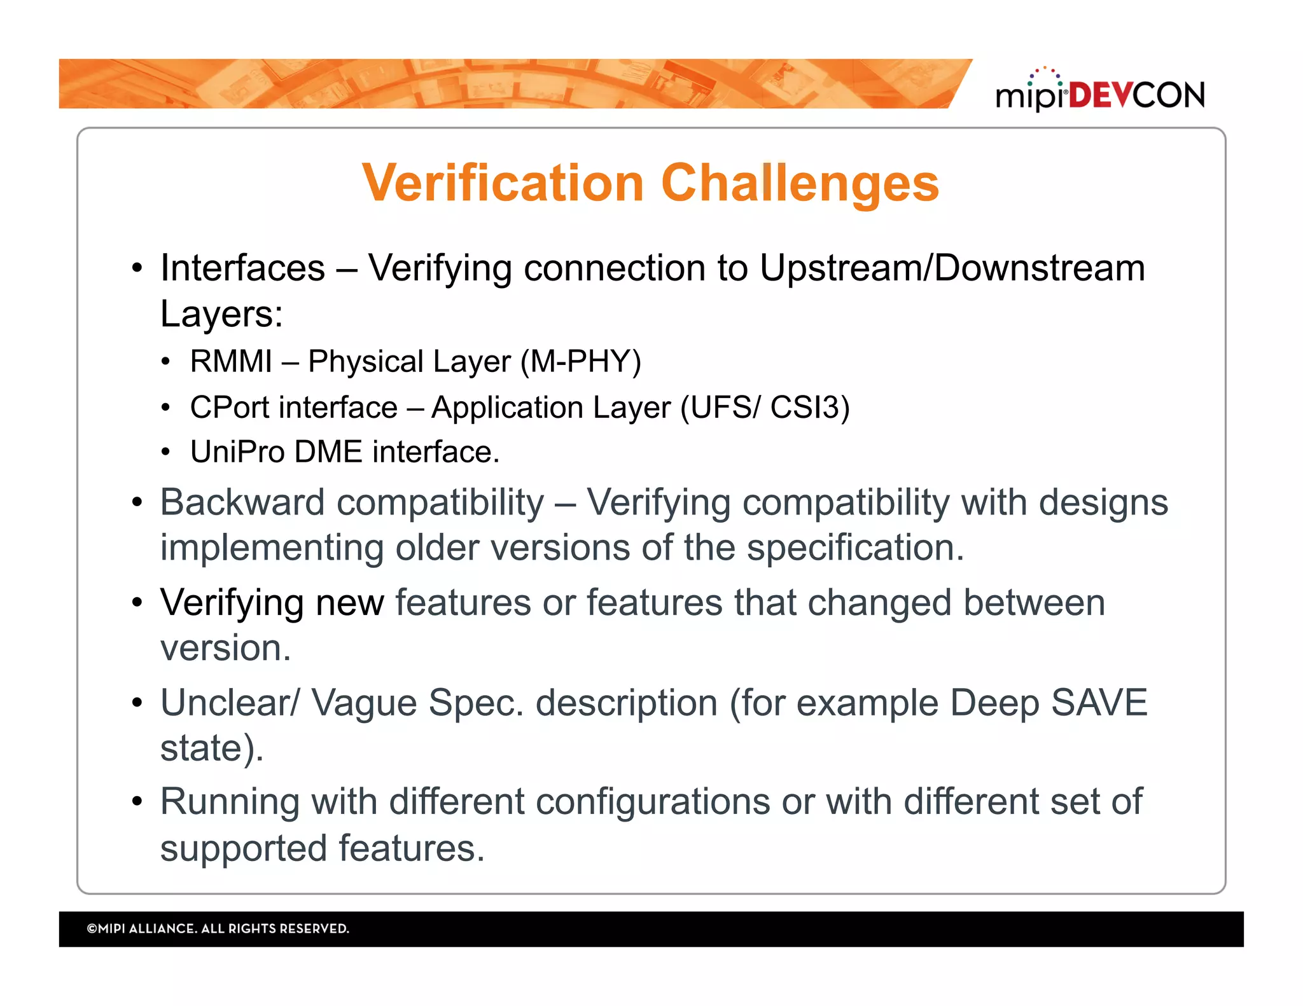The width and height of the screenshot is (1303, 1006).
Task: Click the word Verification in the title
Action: pos(503,183)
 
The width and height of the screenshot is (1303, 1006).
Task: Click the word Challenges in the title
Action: pos(800,183)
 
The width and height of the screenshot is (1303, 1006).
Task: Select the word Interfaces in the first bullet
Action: pos(242,268)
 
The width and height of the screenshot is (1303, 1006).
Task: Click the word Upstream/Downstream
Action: pos(952,268)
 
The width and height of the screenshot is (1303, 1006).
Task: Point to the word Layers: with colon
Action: pos(221,314)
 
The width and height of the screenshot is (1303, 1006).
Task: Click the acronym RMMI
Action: pos(231,361)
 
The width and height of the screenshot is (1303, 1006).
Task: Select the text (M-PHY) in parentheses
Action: pos(580,361)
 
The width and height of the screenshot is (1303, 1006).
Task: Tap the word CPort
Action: pos(230,407)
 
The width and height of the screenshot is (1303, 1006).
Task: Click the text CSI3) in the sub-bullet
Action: pos(809,407)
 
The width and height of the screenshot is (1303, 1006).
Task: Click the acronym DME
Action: pos(328,452)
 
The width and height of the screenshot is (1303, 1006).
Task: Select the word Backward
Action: pos(242,502)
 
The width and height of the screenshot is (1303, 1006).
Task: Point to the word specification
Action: pos(854,548)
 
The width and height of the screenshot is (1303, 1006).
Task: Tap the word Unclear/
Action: pos(229,703)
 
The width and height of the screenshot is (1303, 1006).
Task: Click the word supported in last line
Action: pos(243,848)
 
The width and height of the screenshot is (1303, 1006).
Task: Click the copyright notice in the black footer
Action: pos(218,928)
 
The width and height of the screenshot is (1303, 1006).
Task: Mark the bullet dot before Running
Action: pos(137,801)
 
